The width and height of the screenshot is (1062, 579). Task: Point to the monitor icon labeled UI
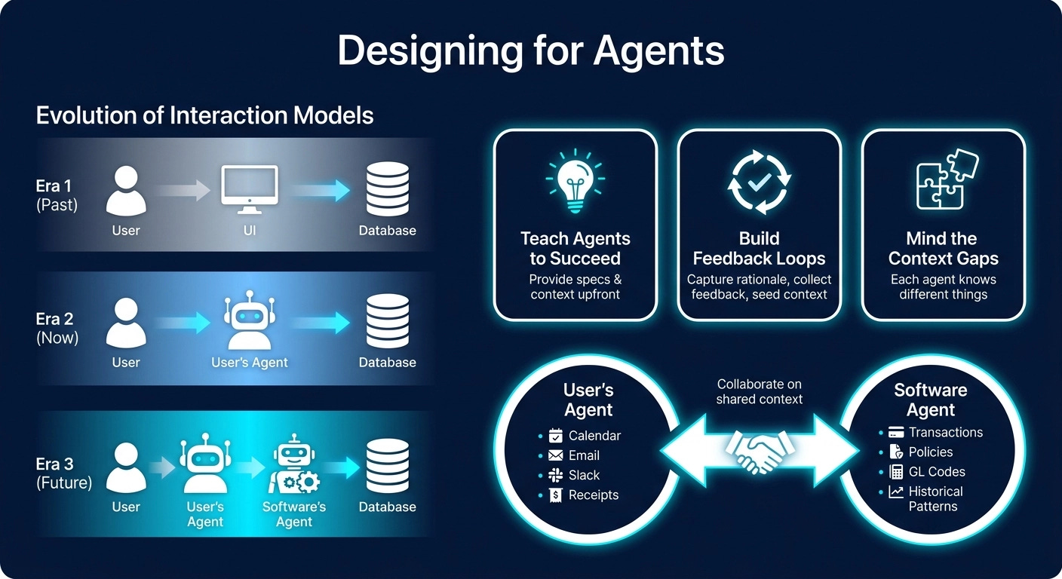point(249,191)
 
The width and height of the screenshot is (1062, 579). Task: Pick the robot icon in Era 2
point(249,322)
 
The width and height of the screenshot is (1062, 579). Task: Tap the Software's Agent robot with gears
point(294,466)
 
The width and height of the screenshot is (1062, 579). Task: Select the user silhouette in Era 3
point(126,467)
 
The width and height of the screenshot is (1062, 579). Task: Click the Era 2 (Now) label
point(57,327)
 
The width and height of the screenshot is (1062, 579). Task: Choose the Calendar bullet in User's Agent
point(594,436)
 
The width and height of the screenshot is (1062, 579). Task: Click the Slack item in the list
point(584,475)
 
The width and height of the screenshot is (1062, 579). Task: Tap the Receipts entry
point(593,495)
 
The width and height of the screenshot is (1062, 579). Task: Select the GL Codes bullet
point(936,472)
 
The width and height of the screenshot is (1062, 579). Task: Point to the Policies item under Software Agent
point(930,452)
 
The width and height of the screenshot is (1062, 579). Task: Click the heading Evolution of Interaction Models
point(204,115)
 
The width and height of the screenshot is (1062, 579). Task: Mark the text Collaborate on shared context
point(759,391)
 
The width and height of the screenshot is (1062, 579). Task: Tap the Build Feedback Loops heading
point(759,249)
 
